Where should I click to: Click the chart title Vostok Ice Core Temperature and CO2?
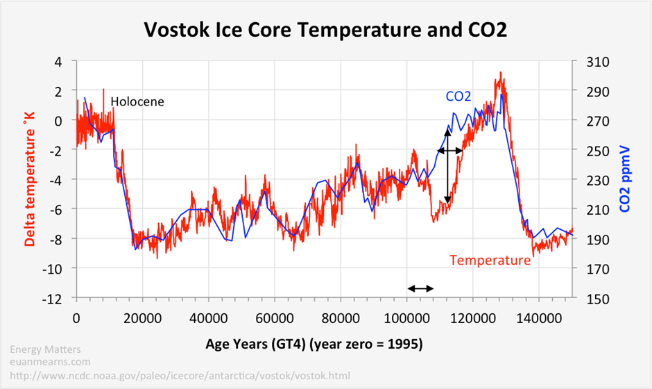click(x=326, y=31)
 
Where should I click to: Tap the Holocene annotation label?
click(x=137, y=101)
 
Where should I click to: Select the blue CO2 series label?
click(x=458, y=97)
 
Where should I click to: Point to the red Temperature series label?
click(x=490, y=260)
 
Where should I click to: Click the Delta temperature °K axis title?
click(x=30, y=179)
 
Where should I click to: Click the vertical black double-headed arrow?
click(x=447, y=165)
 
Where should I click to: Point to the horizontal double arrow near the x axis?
click(x=420, y=288)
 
